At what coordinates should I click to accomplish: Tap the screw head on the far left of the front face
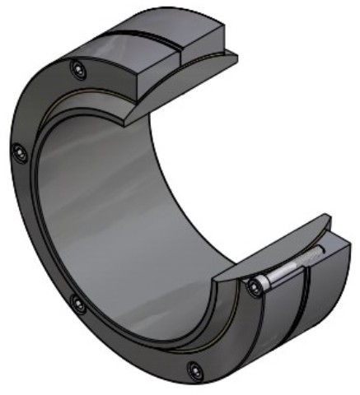(x=20, y=151)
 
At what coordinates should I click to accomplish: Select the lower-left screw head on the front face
(x=78, y=304)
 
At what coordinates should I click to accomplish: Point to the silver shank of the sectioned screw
(x=284, y=272)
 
